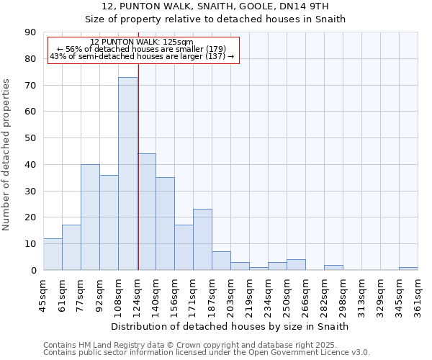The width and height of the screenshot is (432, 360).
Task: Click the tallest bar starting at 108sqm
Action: pos(127,174)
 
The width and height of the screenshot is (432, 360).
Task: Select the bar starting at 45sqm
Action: pos(53,254)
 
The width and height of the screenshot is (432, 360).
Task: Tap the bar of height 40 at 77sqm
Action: pos(90,217)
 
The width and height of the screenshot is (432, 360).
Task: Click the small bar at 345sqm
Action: pos(408,269)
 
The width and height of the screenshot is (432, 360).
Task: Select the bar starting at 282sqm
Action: pos(333,267)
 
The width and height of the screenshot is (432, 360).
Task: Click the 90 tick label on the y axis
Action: pos(30,32)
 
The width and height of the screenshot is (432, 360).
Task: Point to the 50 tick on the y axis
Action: pos(30,138)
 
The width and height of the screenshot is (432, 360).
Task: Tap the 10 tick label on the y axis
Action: pos(30,244)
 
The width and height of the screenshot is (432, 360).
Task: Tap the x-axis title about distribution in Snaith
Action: pos(230,326)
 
